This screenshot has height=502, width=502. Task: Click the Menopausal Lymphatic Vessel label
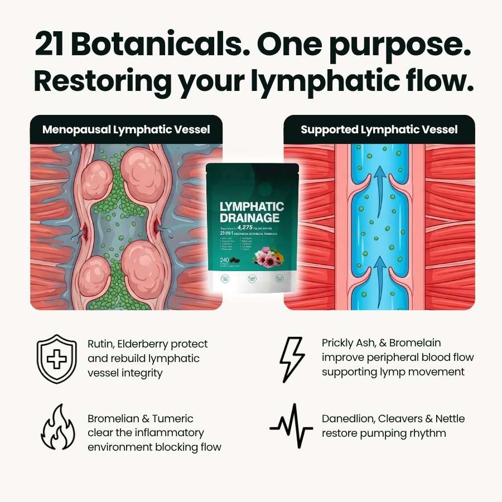coord(126,129)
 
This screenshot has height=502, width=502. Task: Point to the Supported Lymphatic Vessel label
coord(379,129)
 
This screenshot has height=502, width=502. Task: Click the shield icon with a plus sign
coord(56,358)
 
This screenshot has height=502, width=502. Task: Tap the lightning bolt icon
coord(292,358)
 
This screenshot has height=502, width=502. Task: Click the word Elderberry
coord(161,344)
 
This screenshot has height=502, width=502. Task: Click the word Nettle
coord(449,418)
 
